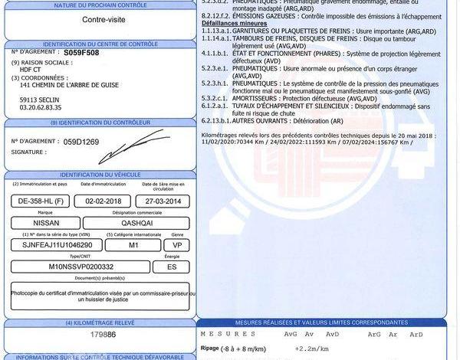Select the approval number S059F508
[80, 54]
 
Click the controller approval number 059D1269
[80, 142]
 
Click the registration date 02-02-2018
[102, 200]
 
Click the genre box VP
[176, 244]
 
